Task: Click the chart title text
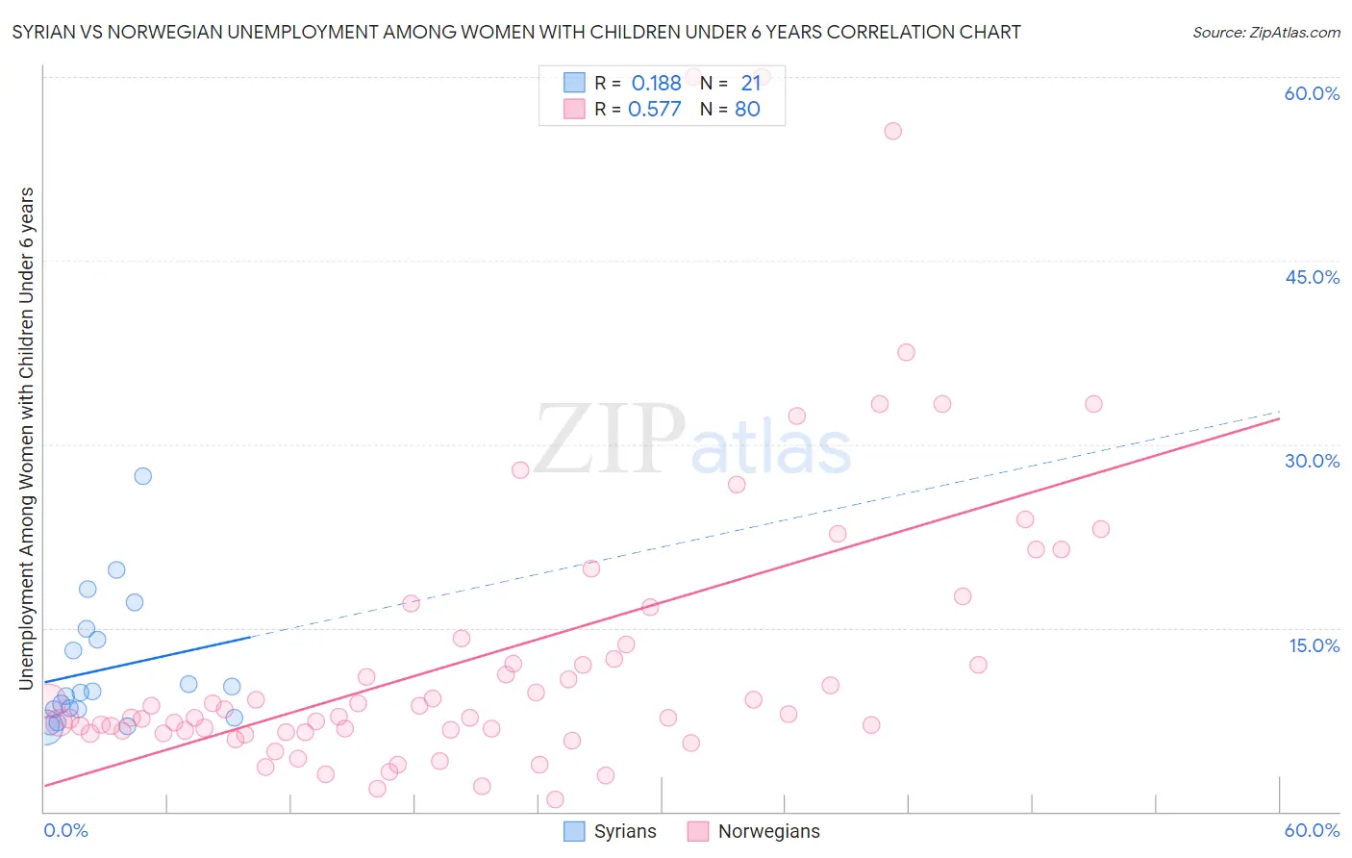point(516,32)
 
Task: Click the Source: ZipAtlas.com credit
point(1265,32)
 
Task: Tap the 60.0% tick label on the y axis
point(1312,93)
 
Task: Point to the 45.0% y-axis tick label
point(1312,277)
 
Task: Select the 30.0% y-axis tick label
point(1312,461)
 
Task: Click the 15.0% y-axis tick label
point(1314,645)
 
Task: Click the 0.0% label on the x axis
point(65,830)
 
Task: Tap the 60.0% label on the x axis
point(1312,830)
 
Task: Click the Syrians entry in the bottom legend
point(624,831)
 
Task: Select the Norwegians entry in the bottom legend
point(768,831)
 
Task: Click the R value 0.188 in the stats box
point(656,84)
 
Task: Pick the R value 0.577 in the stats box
point(654,110)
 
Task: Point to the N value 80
point(747,110)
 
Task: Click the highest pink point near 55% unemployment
point(892,131)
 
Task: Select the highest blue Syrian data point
point(142,475)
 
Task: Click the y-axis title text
point(26,439)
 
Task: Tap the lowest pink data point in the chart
point(555,799)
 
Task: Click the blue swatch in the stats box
point(574,83)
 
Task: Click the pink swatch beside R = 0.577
point(574,109)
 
